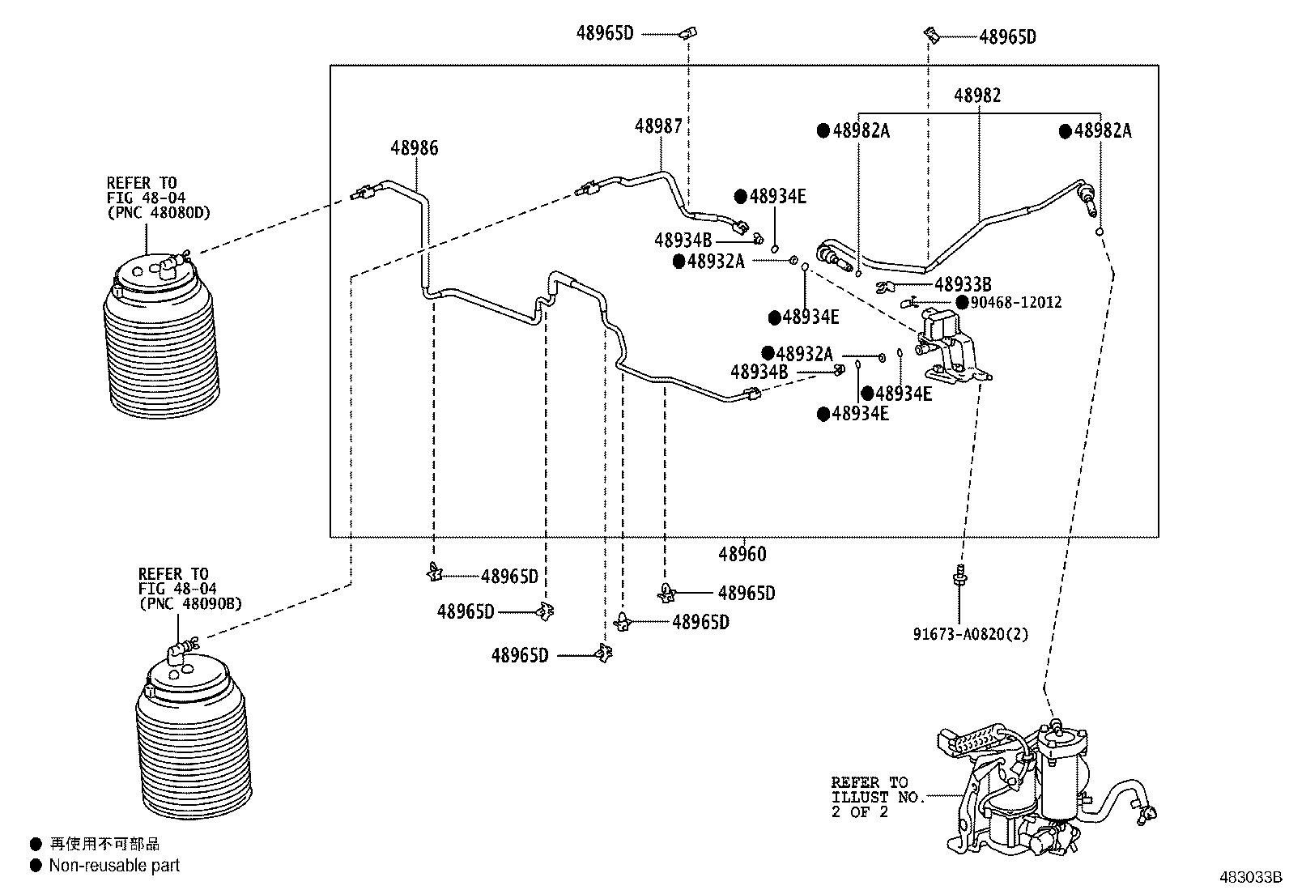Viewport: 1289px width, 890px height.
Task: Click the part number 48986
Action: click(415, 148)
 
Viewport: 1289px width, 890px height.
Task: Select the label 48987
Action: click(658, 126)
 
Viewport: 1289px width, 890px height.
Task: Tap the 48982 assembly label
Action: click(977, 95)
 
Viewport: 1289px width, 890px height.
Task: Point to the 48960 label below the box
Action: click(742, 555)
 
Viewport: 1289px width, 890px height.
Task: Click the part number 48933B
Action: click(963, 284)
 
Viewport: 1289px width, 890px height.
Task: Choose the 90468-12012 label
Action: click(1015, 302)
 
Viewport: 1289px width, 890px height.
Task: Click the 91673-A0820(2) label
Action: click(970, 634)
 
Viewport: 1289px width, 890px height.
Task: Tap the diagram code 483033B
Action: click(1251, 877)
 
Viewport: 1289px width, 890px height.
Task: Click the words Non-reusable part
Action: click(114, 865)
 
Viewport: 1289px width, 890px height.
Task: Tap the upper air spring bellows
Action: click(161, 337)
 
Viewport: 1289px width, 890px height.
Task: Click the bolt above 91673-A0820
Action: click(959, 576)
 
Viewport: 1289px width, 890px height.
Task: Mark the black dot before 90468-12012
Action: click(962, 302)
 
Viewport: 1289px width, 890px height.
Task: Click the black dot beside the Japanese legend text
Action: click(36, 844)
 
